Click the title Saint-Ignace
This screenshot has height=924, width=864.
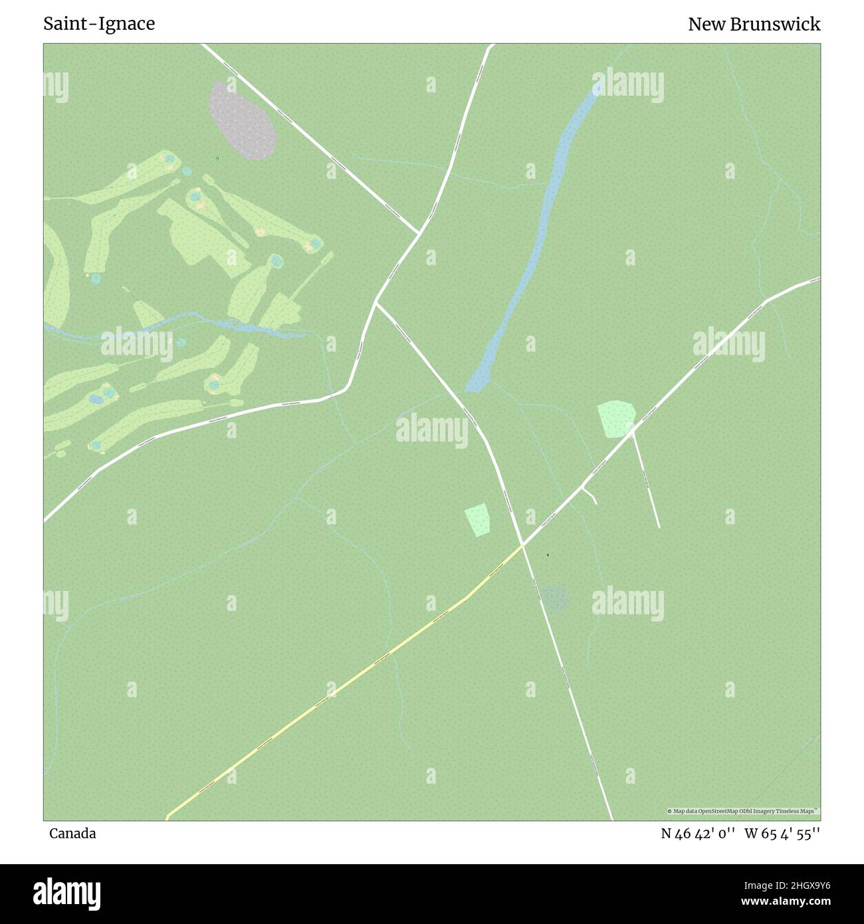tap(99, 24)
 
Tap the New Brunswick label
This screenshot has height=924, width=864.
tap(754, 24)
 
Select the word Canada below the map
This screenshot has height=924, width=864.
tap(72, 834)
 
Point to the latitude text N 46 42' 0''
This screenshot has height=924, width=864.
tap(697, 834)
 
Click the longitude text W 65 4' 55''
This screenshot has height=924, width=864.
tap(782, 834)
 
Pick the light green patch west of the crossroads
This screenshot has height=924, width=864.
tap(477, 520)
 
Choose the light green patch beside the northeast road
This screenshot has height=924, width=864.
tap(616, 419)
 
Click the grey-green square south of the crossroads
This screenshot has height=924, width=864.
tap(556, 598)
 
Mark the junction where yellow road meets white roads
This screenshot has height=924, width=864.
tap(523, 545)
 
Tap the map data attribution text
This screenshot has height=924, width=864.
tap(743, 811)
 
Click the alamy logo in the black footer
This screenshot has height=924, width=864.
tap(66, 893)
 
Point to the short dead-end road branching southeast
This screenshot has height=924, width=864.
tap(645, 479)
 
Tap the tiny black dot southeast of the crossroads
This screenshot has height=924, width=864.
tap(548, 555)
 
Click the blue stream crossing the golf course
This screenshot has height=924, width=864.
tap(199, 322)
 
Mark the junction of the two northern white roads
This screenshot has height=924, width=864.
tap(419, 233)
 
